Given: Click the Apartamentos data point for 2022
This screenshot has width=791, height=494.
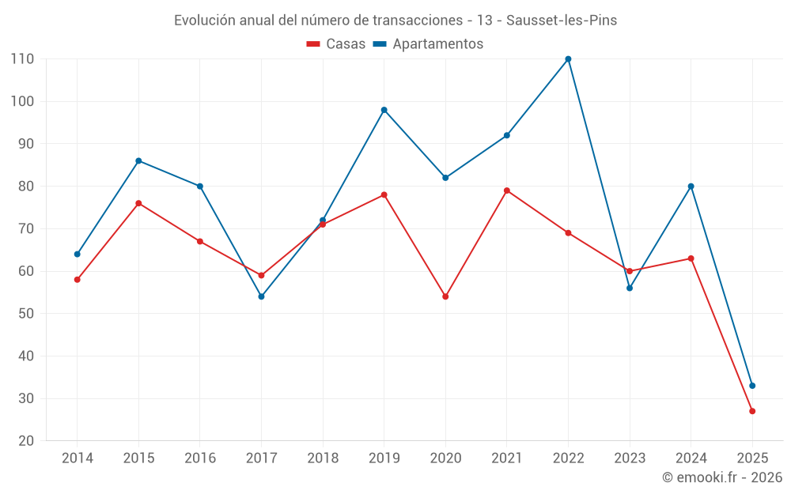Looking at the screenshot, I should click(568, 59).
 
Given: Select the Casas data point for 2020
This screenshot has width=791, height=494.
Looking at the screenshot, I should click(445, 296).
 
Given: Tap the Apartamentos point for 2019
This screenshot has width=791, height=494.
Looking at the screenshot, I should click(384, 110).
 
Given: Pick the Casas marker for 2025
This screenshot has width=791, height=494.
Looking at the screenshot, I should click(752, 411).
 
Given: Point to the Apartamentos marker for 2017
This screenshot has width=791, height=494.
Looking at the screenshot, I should click(261, 296).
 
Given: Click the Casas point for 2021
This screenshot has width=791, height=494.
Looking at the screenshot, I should click(507, 190).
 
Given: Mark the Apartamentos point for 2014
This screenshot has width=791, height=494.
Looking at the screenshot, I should click(78, 254).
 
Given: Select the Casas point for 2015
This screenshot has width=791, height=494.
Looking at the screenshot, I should click(138, 203).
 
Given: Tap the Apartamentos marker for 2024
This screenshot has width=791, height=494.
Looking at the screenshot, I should click(691, 187).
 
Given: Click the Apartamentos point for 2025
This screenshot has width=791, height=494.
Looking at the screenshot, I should click(752, 386).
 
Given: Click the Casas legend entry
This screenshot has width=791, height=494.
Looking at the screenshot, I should click(336, 44).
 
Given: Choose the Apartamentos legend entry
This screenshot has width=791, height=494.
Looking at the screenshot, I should click(428, 44).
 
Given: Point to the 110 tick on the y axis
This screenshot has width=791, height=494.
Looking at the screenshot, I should click(22, 59).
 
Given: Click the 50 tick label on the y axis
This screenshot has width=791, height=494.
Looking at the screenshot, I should click(26, 314).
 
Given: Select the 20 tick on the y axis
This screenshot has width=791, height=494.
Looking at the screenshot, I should click(26, 441).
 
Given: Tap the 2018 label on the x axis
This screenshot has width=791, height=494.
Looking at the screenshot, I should click(323, 458).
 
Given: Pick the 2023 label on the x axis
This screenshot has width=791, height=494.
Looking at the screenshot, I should click(630, 458).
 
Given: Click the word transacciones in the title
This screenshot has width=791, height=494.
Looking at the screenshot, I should click(417, 21).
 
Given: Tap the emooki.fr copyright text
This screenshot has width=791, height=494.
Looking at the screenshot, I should click(722, 477).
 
